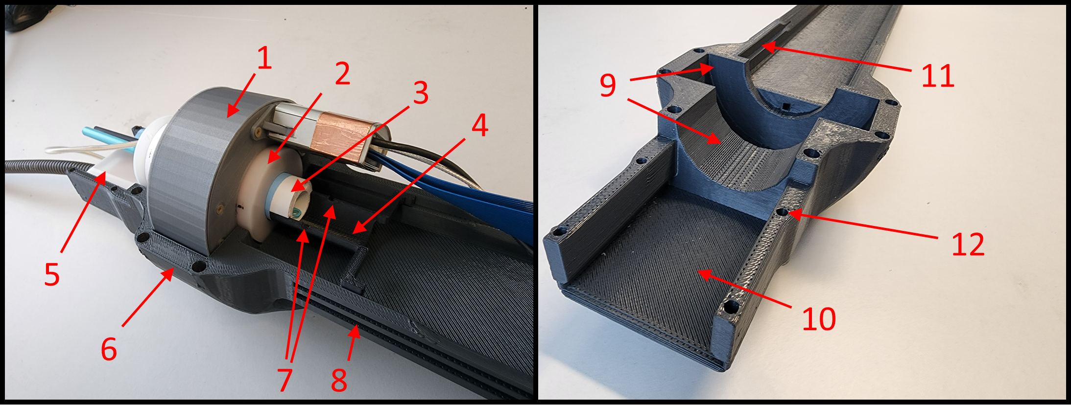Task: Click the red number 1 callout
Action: point(264,59)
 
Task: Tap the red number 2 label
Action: point(342,73)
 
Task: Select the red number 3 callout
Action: point(421,92)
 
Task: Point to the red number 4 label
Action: point(480,125)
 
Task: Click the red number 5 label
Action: point(52,274)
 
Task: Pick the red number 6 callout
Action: point(109,349)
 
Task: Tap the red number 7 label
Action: point(285,380)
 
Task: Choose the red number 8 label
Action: point(339,380)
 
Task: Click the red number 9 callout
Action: point(608,85)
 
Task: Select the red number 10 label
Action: point(819,319)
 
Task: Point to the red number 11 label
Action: point(938,76)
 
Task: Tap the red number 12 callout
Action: point(968,244)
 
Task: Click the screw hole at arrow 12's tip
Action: point(783,212)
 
